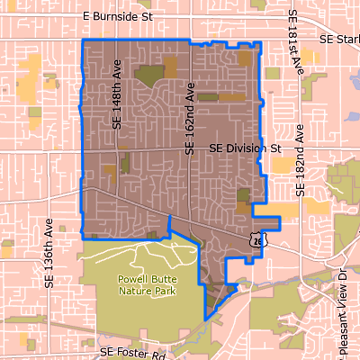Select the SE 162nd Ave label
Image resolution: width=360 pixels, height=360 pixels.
click(x=190, y=119)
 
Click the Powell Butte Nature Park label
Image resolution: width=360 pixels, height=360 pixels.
click(x=147, y=284)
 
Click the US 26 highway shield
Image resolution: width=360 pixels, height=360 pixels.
click(x=258, y=239)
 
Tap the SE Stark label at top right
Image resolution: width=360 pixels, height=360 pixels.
click(x=339, y=40)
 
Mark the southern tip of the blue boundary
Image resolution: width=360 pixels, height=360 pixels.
click(x=207, y=319)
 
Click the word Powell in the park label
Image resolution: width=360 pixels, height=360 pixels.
click(x=134, y=279)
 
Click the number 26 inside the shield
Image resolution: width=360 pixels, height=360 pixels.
click(x=258, y=240)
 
